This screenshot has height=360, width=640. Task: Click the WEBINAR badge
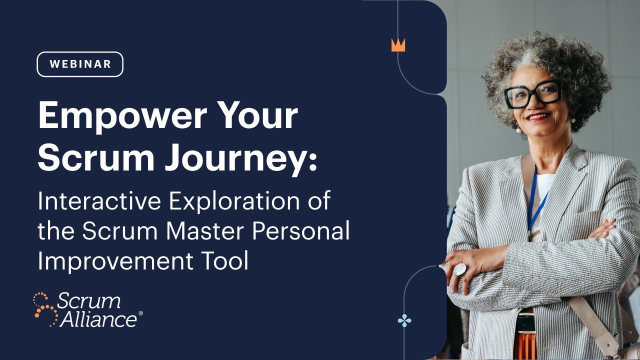80,64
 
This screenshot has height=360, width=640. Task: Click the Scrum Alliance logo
88,310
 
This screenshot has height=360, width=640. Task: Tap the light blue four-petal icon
404,320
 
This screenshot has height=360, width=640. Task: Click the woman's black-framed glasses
532,93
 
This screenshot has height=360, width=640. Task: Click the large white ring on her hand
459,269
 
